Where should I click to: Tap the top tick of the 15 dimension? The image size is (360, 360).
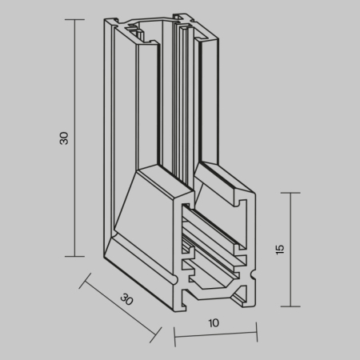pos(290,193)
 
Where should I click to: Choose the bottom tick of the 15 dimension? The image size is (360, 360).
pos(290,306)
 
